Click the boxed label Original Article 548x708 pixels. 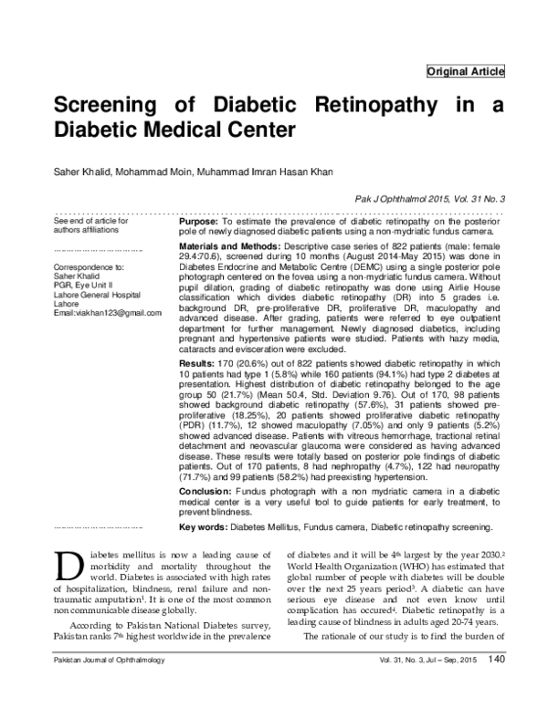click(x=465, y=71)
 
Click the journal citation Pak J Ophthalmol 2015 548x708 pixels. click(x=396, y=198)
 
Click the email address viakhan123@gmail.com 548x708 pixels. click(x=108, y=312)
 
